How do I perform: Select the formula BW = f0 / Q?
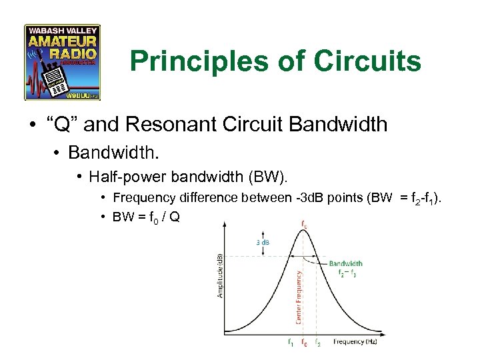146,217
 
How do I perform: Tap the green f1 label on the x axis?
289,343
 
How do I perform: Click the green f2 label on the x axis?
317,343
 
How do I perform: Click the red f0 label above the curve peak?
305,225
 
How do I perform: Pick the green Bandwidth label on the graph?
345,264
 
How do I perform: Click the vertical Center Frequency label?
299,297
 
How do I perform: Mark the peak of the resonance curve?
304,233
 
